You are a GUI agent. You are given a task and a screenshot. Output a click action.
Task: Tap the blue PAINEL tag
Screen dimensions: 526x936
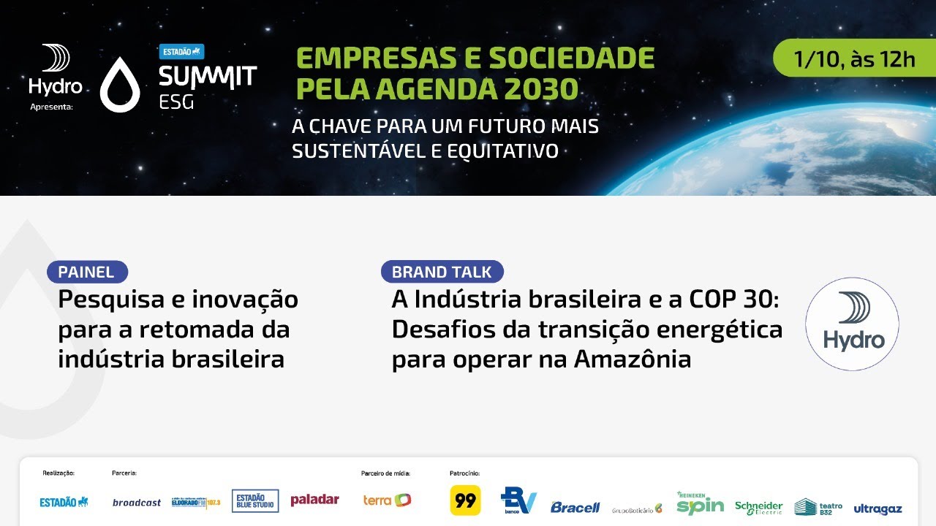[87, 272]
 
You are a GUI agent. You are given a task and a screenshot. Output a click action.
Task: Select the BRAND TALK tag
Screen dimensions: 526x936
[442, 272]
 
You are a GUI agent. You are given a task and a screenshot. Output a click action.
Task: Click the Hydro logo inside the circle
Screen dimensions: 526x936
[852, 323]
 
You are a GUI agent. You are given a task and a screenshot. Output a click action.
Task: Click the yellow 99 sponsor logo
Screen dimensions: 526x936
[465, 501]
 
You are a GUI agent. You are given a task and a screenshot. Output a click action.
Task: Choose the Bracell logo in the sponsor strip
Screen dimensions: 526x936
[575, 506]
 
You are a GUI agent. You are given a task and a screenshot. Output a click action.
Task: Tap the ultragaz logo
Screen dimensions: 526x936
[877, 508]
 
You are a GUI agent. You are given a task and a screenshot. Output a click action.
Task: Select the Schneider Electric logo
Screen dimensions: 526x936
[758, 507]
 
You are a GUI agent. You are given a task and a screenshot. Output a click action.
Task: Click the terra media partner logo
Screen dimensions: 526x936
[387, 500]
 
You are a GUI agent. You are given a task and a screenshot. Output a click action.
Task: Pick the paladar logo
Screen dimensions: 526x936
[314, 500]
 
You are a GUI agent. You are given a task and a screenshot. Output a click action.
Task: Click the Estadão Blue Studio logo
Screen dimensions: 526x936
[255, 500]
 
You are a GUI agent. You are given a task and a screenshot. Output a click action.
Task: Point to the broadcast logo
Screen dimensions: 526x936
[137, 503]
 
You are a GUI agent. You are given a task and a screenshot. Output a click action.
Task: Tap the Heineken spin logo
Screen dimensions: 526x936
[700, 503]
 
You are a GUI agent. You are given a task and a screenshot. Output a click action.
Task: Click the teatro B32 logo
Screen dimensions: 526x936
[818, 506]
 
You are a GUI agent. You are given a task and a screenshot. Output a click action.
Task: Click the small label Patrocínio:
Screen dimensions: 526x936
[464, 473]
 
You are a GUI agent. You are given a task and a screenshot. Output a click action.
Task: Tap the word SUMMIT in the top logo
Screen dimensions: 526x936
[208, 77]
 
